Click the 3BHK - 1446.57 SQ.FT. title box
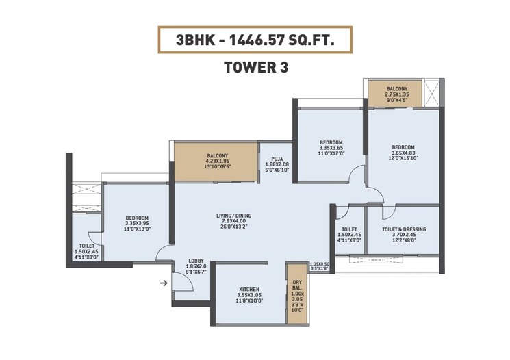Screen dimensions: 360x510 [x=255, y=40]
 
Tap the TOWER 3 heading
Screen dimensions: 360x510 [x=255, y=67]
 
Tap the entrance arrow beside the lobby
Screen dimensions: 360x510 [x=164, y=281]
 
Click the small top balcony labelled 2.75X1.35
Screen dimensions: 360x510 [x=396, y=94]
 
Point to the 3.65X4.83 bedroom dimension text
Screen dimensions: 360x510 [x=403, y=153]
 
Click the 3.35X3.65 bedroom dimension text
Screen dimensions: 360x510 [x=331, y=148]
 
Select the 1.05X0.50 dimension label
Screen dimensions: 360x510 [x=319, y=265]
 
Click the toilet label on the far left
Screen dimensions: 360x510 [x=86, y=245]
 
